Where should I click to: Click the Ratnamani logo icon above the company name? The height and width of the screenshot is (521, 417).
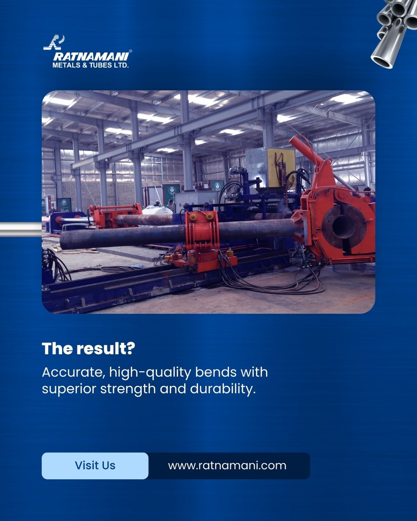click(x=54, y=42)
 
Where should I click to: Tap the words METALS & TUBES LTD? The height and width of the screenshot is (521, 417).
click(x=90, y=65)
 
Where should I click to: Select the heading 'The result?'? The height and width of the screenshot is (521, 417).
click(x=88, y=349)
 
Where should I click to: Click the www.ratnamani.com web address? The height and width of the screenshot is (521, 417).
click(x=227, y=465)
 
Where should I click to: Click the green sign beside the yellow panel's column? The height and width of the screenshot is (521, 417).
click(x=217, y=185)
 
